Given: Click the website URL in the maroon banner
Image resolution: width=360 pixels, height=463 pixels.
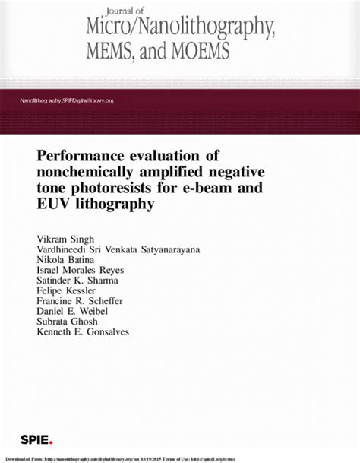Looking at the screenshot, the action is (x=67, y=101).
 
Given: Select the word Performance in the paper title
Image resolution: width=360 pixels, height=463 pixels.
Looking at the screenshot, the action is (x=88, y=155).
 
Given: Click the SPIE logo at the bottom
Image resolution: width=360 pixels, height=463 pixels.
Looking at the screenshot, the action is (x=36, y=440).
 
